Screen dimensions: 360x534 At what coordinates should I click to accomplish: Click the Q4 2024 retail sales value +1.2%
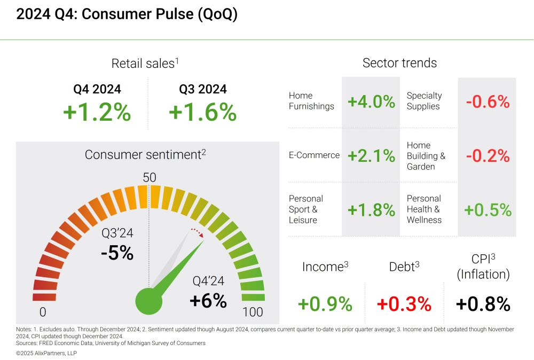97,113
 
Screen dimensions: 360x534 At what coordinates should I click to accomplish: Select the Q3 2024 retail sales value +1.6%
202,113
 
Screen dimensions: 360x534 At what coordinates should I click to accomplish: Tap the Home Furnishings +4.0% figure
371,101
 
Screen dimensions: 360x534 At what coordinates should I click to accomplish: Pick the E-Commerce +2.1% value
371,155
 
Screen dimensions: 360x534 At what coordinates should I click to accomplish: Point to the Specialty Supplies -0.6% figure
488,101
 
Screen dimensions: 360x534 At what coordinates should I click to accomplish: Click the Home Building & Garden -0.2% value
488,155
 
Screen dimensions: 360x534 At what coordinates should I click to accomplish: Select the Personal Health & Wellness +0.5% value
488,210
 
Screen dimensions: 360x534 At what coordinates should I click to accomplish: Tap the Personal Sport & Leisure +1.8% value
371,210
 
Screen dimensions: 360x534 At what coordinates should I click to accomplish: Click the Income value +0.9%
325,304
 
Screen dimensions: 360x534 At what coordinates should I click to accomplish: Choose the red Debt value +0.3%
404,304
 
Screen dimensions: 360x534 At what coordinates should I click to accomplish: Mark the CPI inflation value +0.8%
483,304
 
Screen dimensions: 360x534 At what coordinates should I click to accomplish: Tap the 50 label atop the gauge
150,177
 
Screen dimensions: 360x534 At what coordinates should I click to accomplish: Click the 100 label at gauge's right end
253,312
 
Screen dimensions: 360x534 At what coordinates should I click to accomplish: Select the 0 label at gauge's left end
43,312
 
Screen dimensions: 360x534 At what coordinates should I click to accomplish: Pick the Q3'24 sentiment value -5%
117,252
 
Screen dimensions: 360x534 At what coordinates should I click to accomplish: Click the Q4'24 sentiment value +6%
208,301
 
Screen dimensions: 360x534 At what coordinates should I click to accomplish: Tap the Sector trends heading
399,63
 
